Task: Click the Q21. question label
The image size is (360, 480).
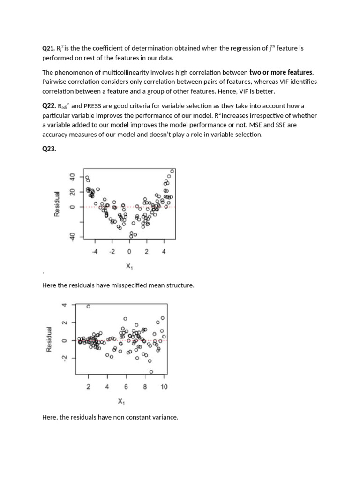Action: pyautogui.click(x=48, y=48)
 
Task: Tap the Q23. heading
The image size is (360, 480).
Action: pyautogui.click(x=49, y=149)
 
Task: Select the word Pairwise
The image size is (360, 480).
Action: pyautogui.click(x=54, y=82)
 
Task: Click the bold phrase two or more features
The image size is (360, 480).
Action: pyautogui.click(x=281, y=72)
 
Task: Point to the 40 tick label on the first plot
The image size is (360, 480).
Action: pyautogui.click(x=72, y=177)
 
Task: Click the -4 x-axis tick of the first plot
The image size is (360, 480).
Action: pyautogui.click(x=94, y=252)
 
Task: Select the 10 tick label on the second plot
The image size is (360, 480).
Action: pyautogui.click(x=164, y=387)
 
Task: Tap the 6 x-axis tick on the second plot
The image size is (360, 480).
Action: pyautogui.click(x=126, y=387)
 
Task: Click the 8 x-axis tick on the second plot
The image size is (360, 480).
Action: pyautogui.click(x=145, y=387)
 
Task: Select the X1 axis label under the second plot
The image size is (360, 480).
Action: pyautogui.click(x=121, y=402)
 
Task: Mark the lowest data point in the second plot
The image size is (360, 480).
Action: pyautogui.click(x=151, y=372)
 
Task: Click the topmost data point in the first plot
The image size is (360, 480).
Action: pyautogui.click(x=172, y=171)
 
